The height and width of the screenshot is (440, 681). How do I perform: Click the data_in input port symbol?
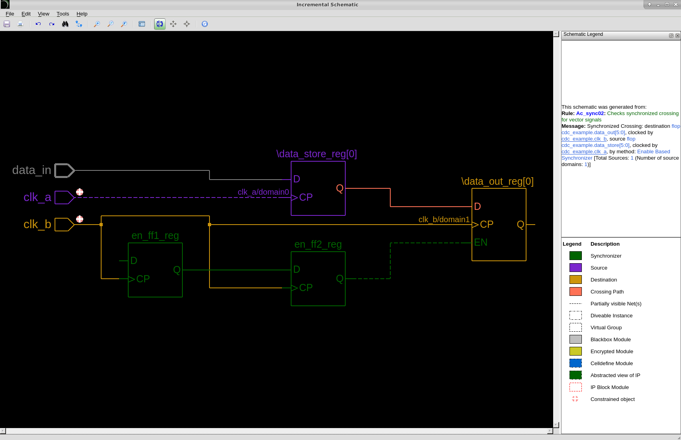coord(64,170)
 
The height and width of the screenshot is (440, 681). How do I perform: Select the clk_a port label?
coord(37,198)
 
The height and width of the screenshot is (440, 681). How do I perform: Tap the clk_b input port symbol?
coord(64,225)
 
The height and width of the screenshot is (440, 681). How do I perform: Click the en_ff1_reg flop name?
coord(155,236)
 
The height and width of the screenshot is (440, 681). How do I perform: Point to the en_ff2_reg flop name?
coord(318,244)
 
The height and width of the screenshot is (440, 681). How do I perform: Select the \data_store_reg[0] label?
coord(316,154)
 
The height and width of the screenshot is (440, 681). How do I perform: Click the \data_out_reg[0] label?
coord(497,182)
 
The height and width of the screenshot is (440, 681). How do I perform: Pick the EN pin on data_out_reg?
coord(481,242)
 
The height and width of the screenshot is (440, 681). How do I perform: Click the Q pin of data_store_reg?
coord(339,188)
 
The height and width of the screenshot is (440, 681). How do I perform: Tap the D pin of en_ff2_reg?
coord(297,270)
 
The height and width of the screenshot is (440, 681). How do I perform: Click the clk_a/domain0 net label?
coord(263,192)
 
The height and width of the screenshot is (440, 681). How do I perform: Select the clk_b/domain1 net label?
coord(444,220)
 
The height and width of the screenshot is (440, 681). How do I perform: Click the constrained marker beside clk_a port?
coord(80,192)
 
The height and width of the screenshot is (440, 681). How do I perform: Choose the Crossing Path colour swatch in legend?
coord(575,291)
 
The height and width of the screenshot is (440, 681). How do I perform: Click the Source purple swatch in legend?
coord(575,268)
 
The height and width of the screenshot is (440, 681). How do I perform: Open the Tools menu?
coord(63,14)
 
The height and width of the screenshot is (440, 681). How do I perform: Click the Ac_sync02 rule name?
coord(590,113)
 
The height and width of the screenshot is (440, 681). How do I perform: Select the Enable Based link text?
coord(653,152)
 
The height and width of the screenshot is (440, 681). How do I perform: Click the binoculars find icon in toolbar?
coord(65,24)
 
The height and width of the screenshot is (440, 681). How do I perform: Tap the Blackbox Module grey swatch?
coord(575,339)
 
